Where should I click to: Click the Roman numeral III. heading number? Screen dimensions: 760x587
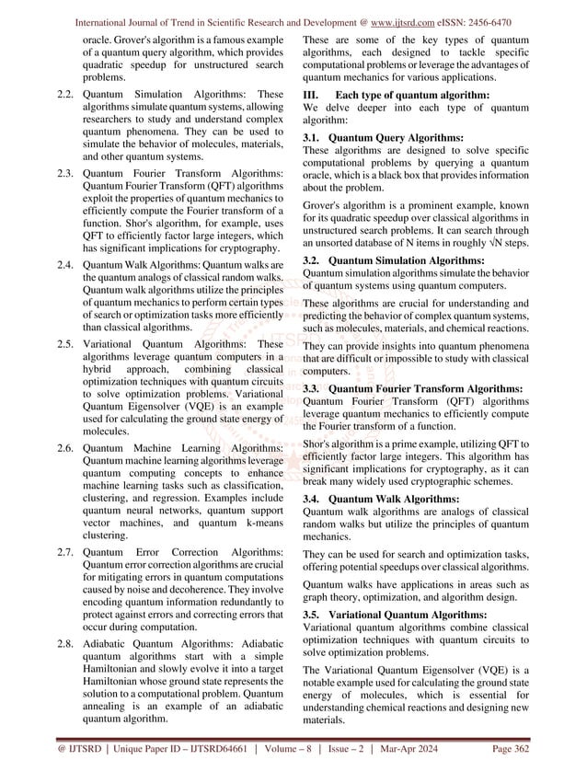[313, 96]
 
